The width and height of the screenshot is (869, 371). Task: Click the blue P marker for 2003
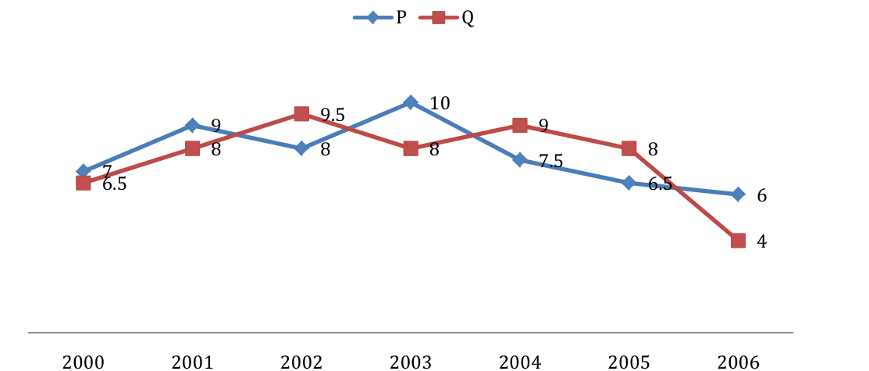click(x=410, y=102)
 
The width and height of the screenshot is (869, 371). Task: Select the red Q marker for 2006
click(x=738, y=241)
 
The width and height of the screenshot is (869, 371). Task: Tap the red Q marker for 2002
click(x=301, y=114)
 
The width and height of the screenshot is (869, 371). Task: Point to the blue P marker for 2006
click(x=738, y=194)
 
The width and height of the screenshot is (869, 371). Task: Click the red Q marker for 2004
click(x=519, y=125)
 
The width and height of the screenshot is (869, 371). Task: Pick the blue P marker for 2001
click(x=192, y=125)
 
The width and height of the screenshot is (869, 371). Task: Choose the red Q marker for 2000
click(x=83, y=183)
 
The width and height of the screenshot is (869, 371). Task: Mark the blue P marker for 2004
click(x=519, y=159)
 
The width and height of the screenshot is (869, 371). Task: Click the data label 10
click(x=440, y=104)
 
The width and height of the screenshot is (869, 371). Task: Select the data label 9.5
click(x=333, y=116)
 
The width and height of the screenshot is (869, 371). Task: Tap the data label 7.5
click(x=551, y=162)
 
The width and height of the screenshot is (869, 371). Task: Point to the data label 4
click(x=762, y=242)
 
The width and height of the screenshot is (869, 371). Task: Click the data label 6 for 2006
click(x=762, y=196)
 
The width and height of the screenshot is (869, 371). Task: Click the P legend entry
click(x=380, y=18)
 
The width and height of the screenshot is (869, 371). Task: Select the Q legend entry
click(x=446, y=18)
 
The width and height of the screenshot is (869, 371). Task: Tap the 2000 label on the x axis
click(x=83, y=362)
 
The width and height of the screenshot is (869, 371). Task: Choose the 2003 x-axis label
click(x=410, y=362)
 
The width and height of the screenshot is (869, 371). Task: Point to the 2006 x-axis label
click(x=738, y=362)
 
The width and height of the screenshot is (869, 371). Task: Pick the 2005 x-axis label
click(x=629, y=362)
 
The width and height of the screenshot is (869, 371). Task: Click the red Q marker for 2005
click(x=629, y=148)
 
